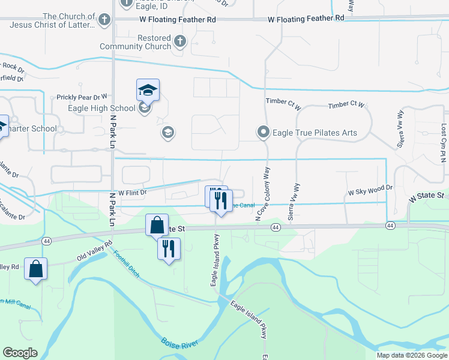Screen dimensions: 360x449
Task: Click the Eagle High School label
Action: (x=93, y=109)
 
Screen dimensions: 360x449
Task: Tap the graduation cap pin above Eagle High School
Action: (x=148, y=91)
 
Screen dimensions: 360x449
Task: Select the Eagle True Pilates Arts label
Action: (x=315, y=133)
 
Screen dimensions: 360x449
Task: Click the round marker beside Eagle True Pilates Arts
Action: (x=263, y=133)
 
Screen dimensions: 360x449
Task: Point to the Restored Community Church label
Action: (x=136, y=42)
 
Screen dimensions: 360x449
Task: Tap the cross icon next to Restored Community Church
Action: (x=180, y=42)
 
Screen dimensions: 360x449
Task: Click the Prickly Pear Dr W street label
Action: (x=82, y=97)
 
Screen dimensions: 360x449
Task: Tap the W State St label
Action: (x=426, y=196)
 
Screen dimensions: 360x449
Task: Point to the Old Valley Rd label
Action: (x=94, y=251)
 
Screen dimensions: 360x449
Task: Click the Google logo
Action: (x=20, y=353)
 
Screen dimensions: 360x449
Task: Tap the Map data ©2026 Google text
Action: (x=411, y=355)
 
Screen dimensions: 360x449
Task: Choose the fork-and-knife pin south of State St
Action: (x=169, y=247)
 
